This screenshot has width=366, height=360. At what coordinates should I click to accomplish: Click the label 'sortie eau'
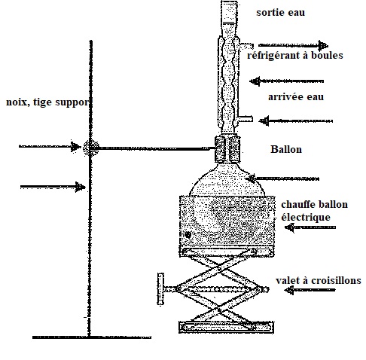pyautogui.click(x=280, y=12)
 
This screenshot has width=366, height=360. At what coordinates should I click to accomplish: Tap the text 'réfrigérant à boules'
pyautogui.click(x=295, y=55)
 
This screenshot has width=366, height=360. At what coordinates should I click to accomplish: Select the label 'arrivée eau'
pyautogui.click(x=296, y=97)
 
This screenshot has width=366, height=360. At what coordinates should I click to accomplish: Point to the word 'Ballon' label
pyautogui.click(x=286, y=149)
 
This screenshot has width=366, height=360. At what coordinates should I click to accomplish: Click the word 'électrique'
pyautogui.click(x=306, y=218)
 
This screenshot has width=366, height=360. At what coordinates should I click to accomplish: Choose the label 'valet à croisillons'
pyautogui.click(x=319, y=280)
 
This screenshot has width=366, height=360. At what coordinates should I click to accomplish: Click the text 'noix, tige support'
pyautogui.click(x=47, y=102)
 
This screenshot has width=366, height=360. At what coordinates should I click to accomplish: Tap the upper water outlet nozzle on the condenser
pyautogui.click(x=246, y=45)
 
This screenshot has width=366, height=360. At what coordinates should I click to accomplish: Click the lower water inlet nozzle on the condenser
pyautogui.click(x=246, y=118)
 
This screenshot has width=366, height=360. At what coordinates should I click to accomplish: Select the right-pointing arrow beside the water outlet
pyautogui.click(x=293, y=45)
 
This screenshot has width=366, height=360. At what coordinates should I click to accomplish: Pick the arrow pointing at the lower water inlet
pyautogui.click(x=296, y=121)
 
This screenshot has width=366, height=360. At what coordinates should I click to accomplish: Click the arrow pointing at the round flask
pyautogui.click(x=282, y=178)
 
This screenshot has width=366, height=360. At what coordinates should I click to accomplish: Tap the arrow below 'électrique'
pyautogui.click(x=310, y=227)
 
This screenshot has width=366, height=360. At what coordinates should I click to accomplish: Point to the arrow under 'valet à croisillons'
pyautogui.click(x=310, y=290)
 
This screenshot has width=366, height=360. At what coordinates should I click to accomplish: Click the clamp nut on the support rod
pyautogui.click(x=90, y=148)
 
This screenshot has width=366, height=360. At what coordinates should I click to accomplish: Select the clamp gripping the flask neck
pyautogui.click(x=227, y=149)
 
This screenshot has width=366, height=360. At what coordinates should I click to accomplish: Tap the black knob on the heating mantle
pyautogui.click(x=188, y=235)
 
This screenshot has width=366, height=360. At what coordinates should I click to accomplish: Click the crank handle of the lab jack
pyautogui.click(x=160, y=289)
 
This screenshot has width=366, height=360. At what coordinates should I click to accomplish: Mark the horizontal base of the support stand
pyautogui.click(x=92, y=337)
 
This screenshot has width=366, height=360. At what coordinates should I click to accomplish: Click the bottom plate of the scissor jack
pyautogui.click(x=226, y=328)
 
